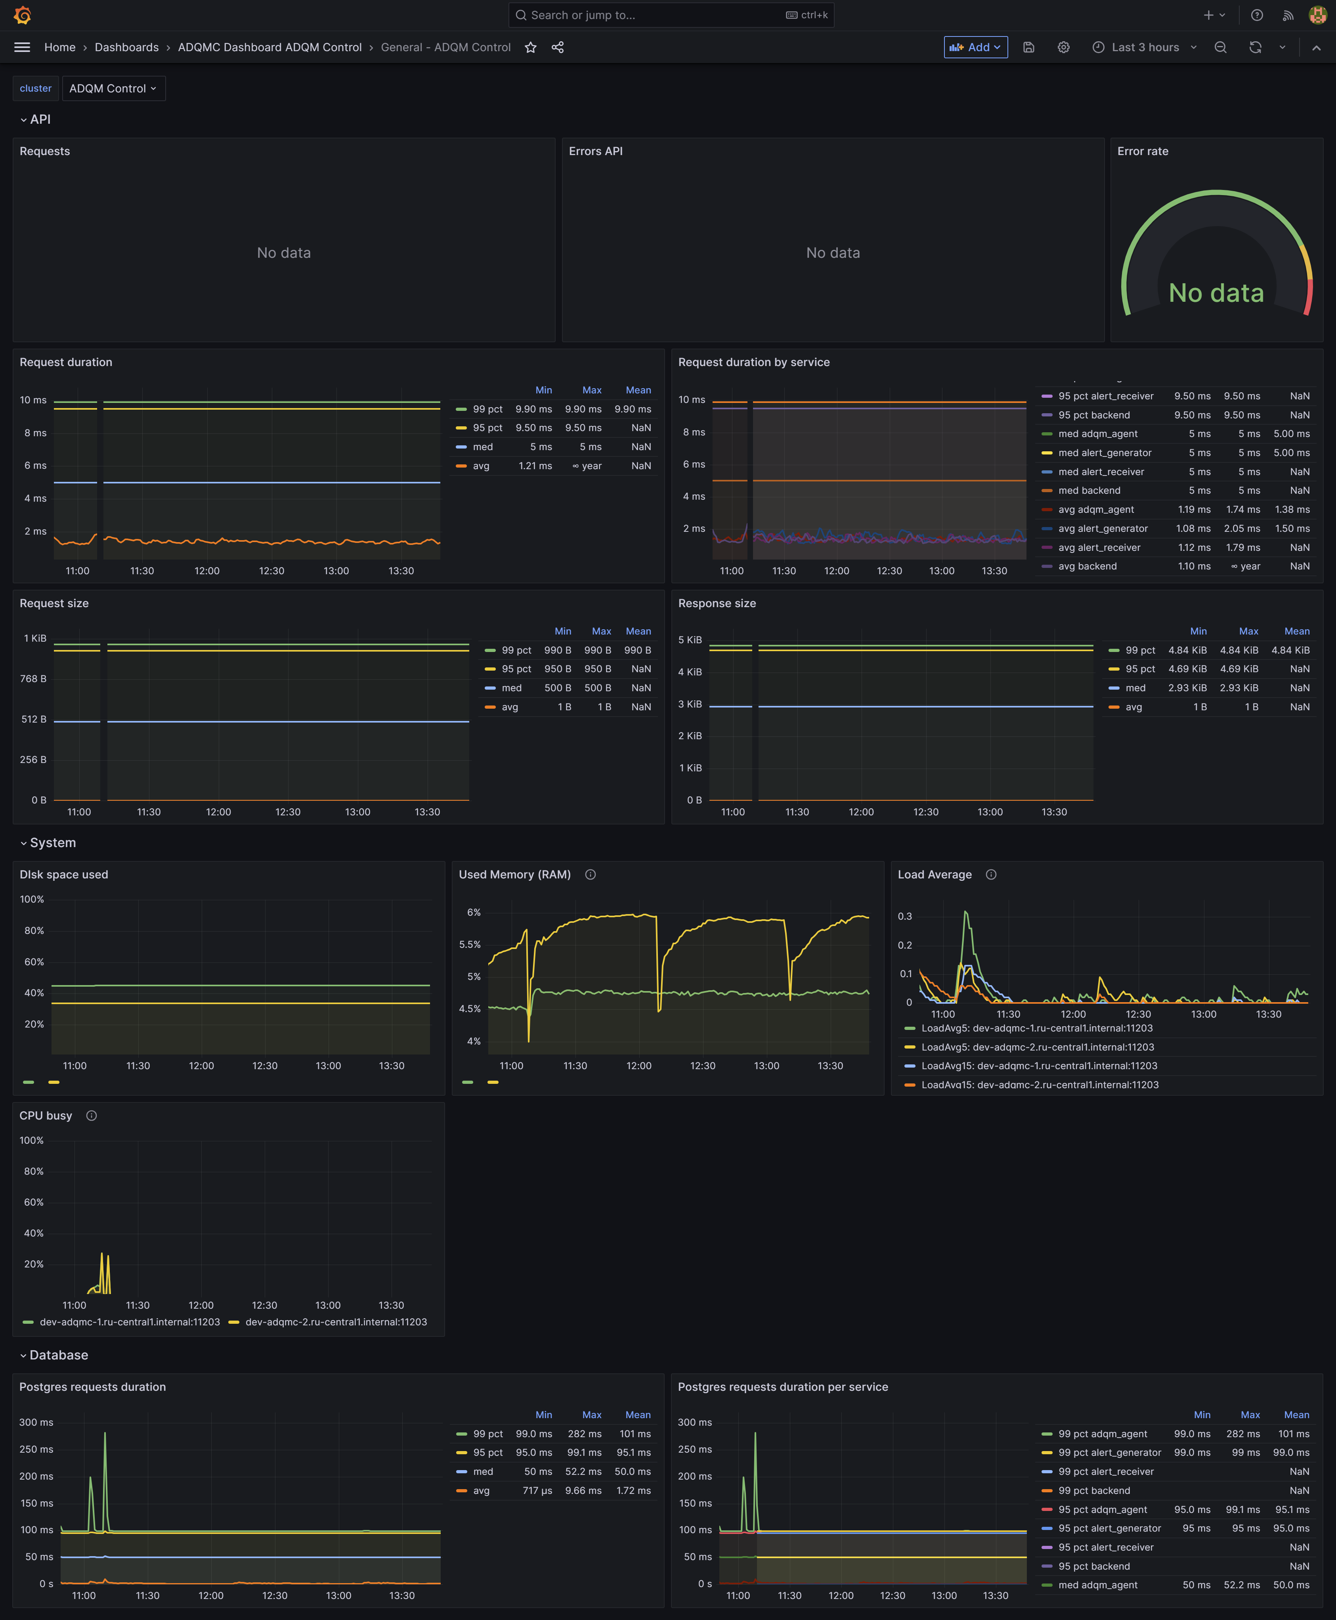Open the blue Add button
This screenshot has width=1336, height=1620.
tap(975, 47)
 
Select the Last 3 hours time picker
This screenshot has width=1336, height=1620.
tap(1144, 47)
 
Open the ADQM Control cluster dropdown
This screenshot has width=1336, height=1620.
tap(113, 88)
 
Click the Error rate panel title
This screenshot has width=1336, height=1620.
tap(1142, 151)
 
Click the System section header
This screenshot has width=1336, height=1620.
tap(52, 842)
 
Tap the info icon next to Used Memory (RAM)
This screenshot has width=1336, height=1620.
tap(590, 875)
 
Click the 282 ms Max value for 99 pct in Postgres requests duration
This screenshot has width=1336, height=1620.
tap(584, 1434)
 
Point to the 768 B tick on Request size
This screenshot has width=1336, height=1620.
tap(33, 678)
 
